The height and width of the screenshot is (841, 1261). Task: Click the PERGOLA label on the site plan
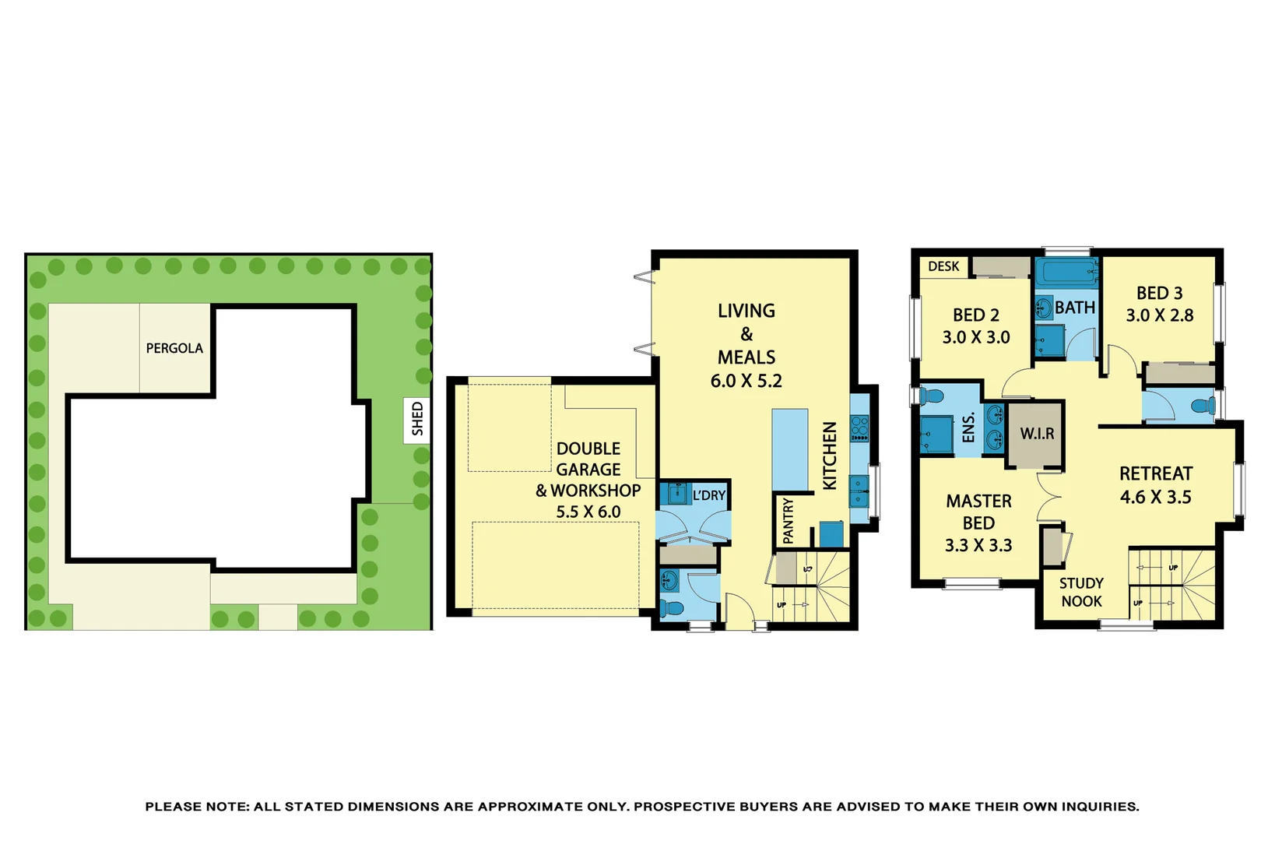174,348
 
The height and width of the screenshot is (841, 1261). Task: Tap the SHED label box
417,419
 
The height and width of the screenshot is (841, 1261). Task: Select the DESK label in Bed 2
943,266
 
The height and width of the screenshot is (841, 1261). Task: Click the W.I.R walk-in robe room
1037,434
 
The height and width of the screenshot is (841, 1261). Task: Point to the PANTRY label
788,521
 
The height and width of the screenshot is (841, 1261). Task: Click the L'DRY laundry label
708,495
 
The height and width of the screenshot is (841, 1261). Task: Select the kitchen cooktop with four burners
859,428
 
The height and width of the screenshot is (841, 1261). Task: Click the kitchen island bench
790,450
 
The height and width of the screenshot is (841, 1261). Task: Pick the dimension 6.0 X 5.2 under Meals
746,381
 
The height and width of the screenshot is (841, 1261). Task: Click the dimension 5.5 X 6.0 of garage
588,512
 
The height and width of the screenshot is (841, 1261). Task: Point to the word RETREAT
1155,473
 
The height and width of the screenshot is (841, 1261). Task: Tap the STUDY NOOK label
1081,592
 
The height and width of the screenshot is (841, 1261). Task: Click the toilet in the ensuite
931,396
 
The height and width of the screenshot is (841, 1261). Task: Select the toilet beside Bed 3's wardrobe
1203,406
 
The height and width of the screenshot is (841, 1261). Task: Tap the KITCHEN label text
830,456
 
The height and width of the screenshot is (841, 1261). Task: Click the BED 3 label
1159,293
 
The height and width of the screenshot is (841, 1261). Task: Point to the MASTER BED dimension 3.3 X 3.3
978,545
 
